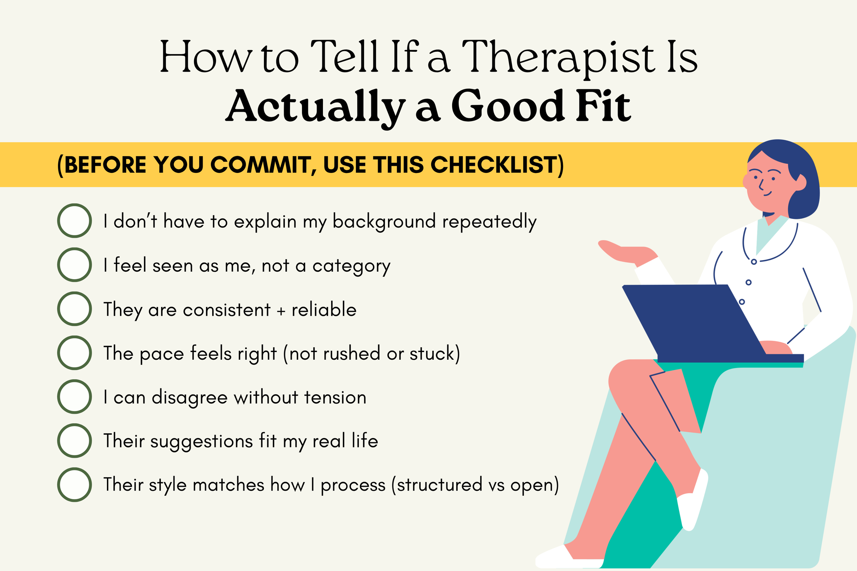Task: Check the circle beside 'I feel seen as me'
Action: (x=74, y=265)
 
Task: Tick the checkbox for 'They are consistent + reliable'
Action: (x=74, y=309)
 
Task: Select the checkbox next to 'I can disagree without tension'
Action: (x=74, y=397)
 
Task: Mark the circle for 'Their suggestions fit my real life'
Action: (x=74, y=440)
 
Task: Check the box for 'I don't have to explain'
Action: (x=74, y=221)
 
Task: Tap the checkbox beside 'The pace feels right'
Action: (x=74, y=353)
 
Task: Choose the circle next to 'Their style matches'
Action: (x=74, y=485)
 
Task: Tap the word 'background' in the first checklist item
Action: (x=384, y=221)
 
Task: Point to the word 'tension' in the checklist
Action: (x=335, y=397)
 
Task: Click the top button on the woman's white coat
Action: (x=754, y=262)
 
